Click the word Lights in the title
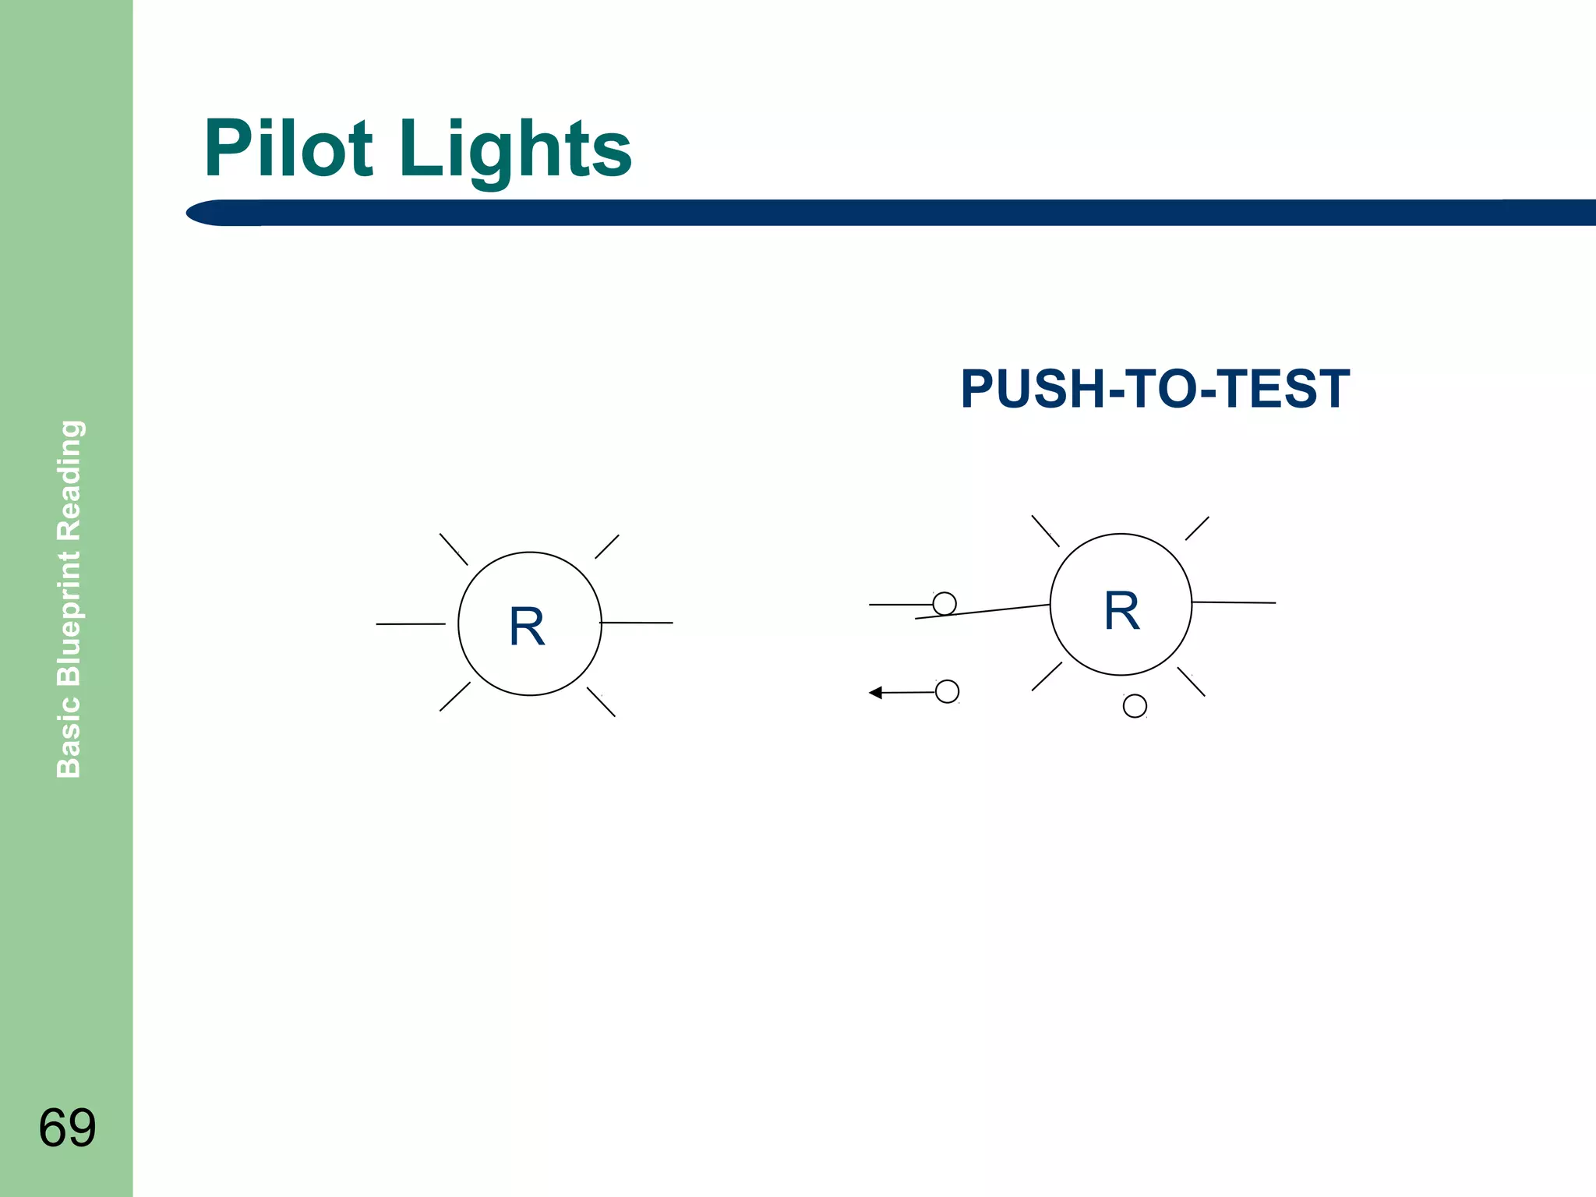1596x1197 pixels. point(515,150)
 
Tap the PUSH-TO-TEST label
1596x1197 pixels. point(1155,389)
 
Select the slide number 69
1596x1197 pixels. point(67,1127)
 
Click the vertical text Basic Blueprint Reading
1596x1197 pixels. point(69,598)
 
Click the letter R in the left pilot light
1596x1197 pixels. point(527,627)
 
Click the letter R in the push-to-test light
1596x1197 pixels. point(1121,610)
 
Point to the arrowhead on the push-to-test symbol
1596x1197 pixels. point(876,692)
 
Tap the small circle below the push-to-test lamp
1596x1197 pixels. point(1135,706)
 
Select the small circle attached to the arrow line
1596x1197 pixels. point(947,691)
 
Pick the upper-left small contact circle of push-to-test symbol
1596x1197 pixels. point(945,603)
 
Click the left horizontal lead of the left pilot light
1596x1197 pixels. point(411,624)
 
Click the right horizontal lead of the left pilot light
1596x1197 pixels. point(637,623)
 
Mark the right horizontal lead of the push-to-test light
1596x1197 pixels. point(1234,602)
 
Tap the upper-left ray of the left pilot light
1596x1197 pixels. point(454,549)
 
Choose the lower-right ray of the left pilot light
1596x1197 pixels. point(601,702)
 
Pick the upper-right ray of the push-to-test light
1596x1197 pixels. point(1197,528)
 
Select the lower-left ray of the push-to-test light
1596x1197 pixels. point(1047,676)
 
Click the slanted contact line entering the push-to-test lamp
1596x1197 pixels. point(983,612)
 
